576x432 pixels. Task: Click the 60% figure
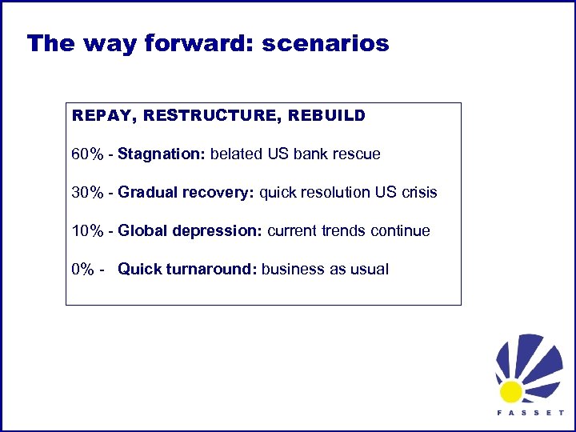pos(87,154)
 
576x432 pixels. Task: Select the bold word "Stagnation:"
pos(162,154)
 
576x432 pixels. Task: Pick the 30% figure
pos(87,193)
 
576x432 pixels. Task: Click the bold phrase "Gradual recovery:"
pos(186,193)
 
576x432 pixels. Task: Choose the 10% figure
pos(87,231)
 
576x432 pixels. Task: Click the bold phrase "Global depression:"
pos(190,231)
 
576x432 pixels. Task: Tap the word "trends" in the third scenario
pos(344,231)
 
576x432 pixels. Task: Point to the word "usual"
pos(369,270)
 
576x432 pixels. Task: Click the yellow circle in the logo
pos(510,391)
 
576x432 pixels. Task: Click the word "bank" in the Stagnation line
pos(313,154)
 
